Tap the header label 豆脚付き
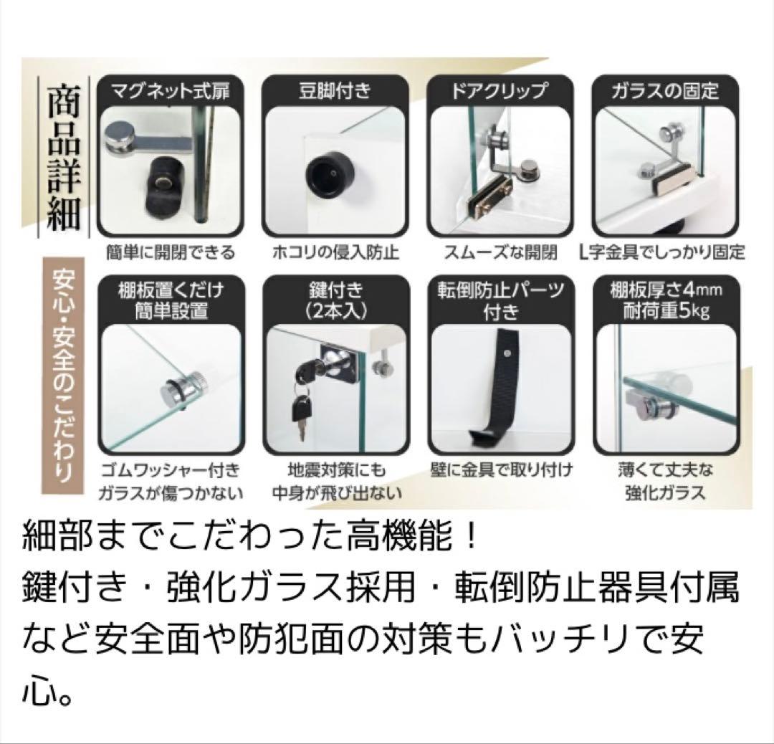pos(335,91)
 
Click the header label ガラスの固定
pos(664,91)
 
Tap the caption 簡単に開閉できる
pos(169,253)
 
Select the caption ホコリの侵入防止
pos(335,253)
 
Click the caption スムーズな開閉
pos(500,253)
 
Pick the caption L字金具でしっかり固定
pos(664,253)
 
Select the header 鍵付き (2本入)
pos(335,300)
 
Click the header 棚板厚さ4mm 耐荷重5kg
pos(664,300)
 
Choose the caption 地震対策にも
pos(335,471)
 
